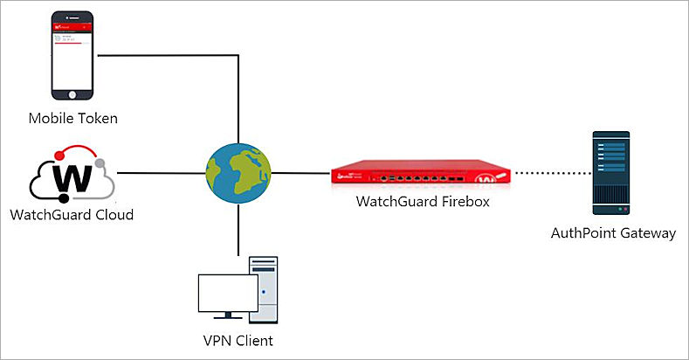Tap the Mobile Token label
click(73, 118)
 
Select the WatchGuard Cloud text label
click(72, 214)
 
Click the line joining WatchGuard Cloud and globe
click(161, 171)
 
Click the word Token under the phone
click(97, 118)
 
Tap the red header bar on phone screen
click(73, 27)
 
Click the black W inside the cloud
click(74, 178)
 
